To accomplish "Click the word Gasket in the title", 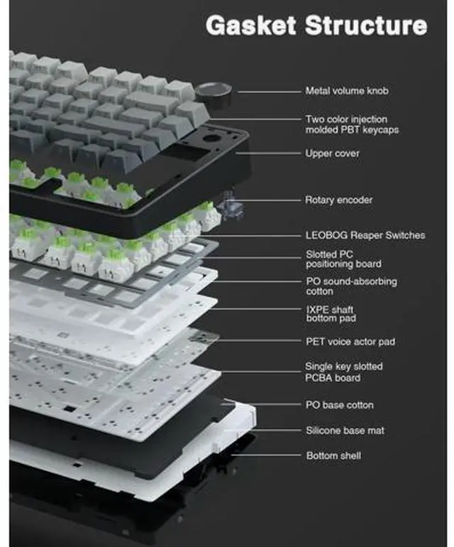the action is click(x=251, y=25).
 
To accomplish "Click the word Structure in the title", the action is click(x=366, y=25).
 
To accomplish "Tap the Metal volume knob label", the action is click(x=347, y=91).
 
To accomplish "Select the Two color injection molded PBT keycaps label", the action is click(x=352, y=124).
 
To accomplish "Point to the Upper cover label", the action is click(x=332, y=153).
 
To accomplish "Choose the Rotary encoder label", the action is click(x=338, y=200).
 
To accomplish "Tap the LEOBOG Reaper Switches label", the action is click(x=365, y=235).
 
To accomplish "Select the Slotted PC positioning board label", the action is click(x=343, y=259).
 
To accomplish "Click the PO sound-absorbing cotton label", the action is click(x=351, y=286).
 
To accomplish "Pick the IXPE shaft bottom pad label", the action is click(x=331, y=313).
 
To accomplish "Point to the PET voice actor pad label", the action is click(x=350, y=341).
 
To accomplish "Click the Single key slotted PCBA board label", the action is click(x=343, y=372).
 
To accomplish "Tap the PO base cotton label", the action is click(x=339, y=405).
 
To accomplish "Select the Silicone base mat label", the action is click(x=345, y=430).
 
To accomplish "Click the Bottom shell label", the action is click(x=333, y=455).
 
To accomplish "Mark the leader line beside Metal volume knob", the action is click(x=270, y=92).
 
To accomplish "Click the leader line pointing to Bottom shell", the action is click(x=266, y=455).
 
